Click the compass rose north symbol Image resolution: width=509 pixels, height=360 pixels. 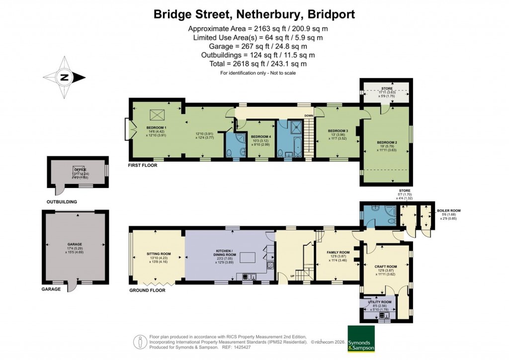[x=64, y=78]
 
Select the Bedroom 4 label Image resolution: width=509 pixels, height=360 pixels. [x=260, y=136]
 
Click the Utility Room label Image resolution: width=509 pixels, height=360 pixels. [x=380, y=302]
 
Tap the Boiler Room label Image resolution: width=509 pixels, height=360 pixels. [x=449, y=210]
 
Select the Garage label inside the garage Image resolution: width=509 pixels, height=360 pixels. [x=75, y=245]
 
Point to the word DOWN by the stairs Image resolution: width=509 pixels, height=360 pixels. [x=309, y=116]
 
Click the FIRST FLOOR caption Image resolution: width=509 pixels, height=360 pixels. [x=143, y=165]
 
